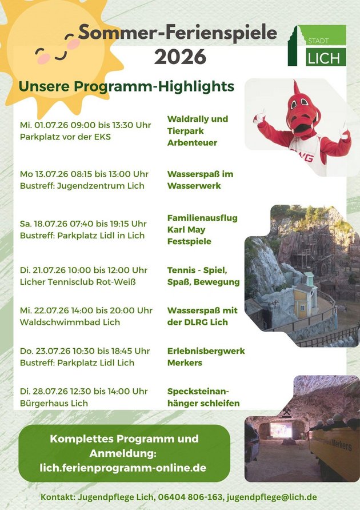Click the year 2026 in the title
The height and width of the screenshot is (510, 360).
[x=180, y=57]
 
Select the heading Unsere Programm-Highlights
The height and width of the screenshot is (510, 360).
[x=126, y=86]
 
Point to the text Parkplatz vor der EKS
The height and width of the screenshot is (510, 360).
[x=65, y=137]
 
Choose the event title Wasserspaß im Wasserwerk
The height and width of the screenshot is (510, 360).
[x=201, y=180]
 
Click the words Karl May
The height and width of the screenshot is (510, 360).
[x=186, y=230]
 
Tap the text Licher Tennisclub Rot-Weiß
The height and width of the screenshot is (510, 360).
[x=78, y=282]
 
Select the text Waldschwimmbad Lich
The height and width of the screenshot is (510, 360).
[x=70, y=322]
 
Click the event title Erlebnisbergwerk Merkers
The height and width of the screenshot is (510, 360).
[x=206, y=357]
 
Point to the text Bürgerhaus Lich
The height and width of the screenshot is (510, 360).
[x=54, y=403]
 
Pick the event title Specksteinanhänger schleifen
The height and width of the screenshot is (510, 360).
[x=203, y=397]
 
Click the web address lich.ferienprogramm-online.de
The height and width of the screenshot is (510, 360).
[x=123, y=468]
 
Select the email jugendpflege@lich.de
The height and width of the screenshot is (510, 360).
[x=272, y=497]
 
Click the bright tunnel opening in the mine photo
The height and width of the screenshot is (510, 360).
[x=281, y=431]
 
